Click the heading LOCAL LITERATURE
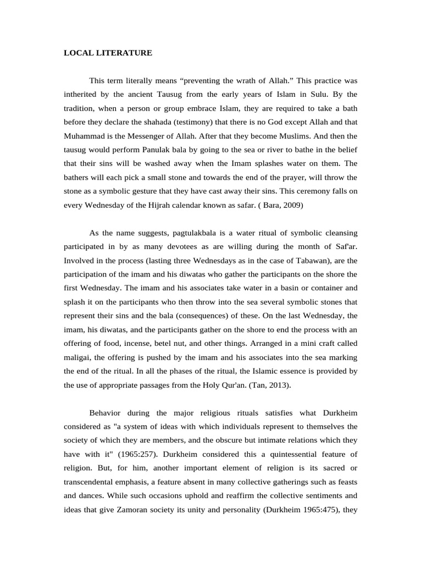point(108,53)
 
